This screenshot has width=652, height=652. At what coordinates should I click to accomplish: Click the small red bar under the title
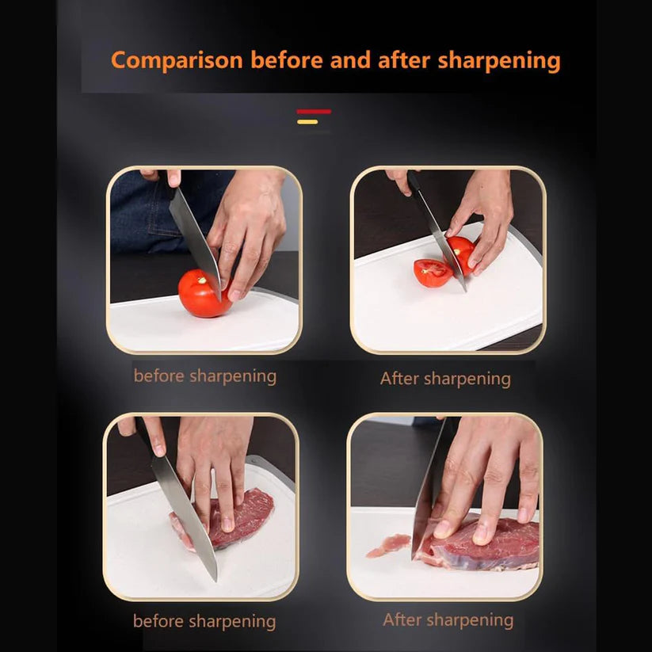(314, 112)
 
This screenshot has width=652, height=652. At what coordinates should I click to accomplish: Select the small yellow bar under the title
(307, 122)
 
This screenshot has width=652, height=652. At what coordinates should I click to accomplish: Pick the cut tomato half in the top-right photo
(433, 273)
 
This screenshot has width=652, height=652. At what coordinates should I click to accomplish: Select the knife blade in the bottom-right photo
(429, 491)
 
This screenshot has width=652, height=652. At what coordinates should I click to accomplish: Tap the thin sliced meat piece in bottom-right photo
(388, 546)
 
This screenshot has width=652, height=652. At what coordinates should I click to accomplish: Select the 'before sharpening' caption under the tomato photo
(204, 376)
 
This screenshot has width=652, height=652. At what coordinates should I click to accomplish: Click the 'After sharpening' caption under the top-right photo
(445, 379)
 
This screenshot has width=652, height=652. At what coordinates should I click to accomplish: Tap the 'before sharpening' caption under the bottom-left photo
(204, 621)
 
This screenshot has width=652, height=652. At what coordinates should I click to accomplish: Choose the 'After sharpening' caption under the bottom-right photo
(448, 620)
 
